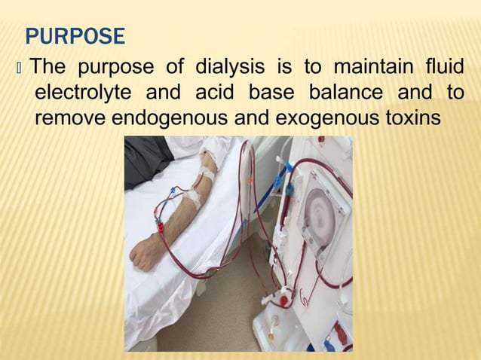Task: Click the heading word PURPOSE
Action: [75, 35]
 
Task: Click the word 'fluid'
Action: [445, 68]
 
